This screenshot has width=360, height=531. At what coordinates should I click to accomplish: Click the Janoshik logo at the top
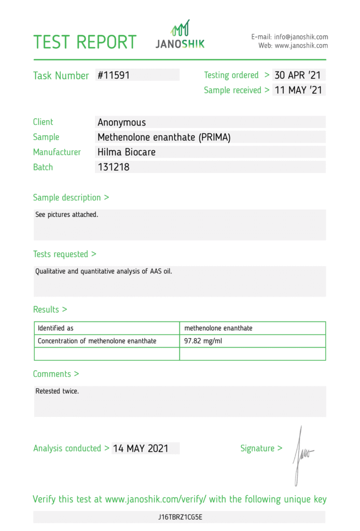click(x=180, y=35)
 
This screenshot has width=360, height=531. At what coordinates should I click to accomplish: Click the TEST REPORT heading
click(x=85, y=42)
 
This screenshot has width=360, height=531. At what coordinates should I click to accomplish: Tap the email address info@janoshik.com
click(x=301, y=37)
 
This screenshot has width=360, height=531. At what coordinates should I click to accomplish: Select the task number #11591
click(x=114, y=75)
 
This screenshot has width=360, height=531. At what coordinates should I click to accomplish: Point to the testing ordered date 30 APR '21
click(x=298, y=75)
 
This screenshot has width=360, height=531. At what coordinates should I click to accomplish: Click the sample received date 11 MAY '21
click(x=298, y=90)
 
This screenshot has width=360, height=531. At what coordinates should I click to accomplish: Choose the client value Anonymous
click(x=122, y=122)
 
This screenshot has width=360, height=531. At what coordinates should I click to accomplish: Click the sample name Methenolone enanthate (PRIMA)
click(x=164, y=137)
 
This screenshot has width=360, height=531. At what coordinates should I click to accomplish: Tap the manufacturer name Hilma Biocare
click(x=127, y=152)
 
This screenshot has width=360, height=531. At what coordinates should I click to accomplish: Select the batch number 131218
click(x=114, y=167)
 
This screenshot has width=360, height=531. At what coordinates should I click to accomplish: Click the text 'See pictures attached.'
click(x=66, y=214)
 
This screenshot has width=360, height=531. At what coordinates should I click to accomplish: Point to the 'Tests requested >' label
click(x=64, y=254)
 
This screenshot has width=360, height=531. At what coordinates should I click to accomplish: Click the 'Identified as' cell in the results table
click(x=56, y=328)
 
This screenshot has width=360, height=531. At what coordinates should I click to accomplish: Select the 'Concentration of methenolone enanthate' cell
click(x=97, y=341)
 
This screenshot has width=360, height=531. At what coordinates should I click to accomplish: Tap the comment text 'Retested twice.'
click(x=57, y=391)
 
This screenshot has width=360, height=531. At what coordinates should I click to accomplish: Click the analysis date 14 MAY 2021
click(x=141, y=449)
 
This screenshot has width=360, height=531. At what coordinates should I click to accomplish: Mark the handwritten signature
click(x=301, y=453)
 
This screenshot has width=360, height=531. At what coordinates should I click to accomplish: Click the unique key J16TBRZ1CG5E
click(x=180, y=517)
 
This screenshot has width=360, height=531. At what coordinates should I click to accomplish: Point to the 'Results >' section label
click(x=50, y=310)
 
